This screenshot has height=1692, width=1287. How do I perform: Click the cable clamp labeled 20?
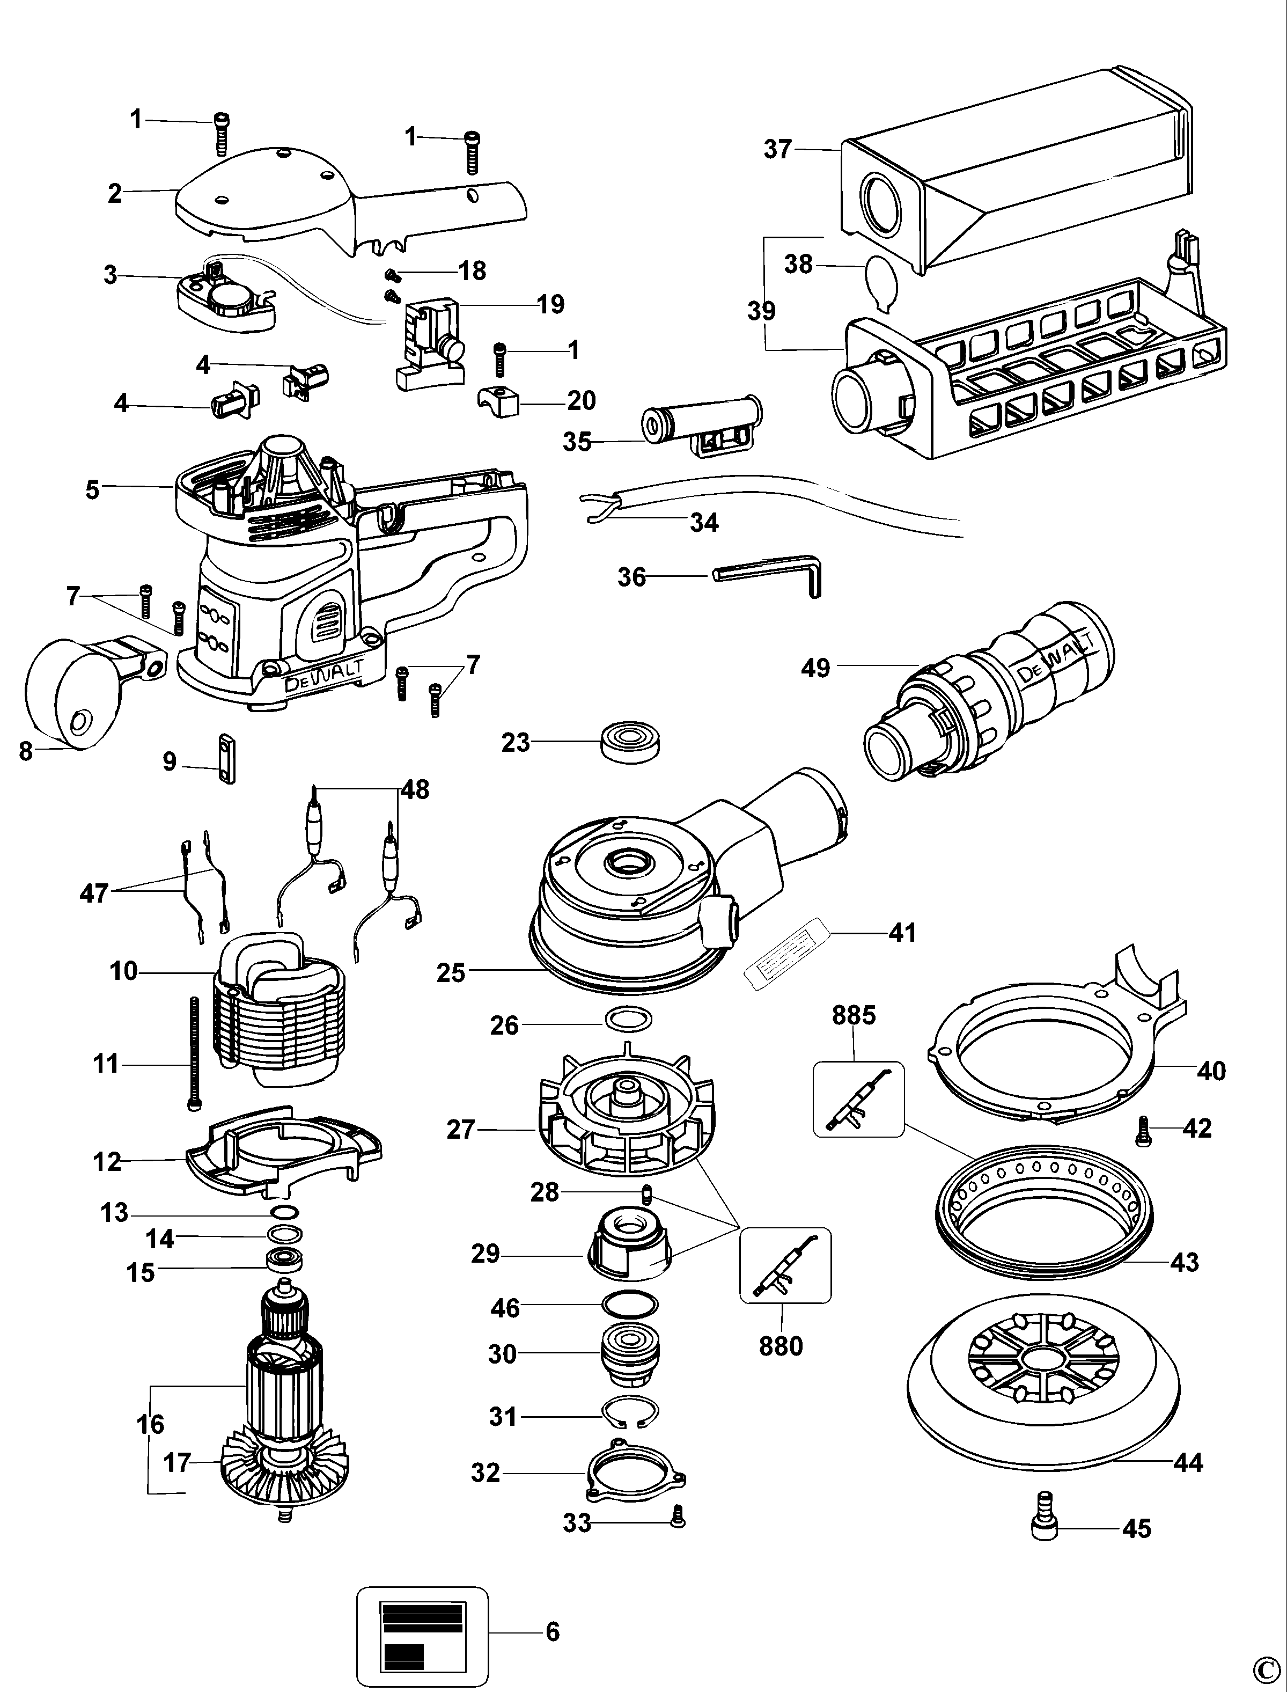pos(498,399)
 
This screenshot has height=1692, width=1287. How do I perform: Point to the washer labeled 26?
pos(628,1021)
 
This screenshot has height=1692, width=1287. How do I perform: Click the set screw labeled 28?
pos(646,1193)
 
